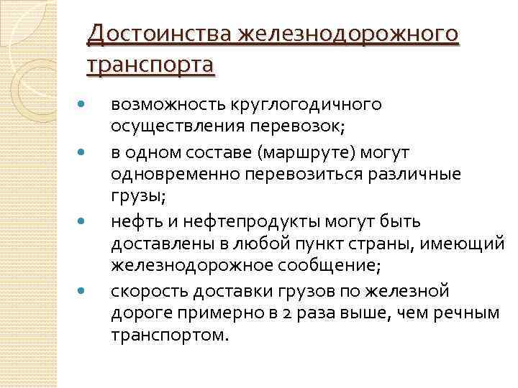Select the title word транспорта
(150, 65)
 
